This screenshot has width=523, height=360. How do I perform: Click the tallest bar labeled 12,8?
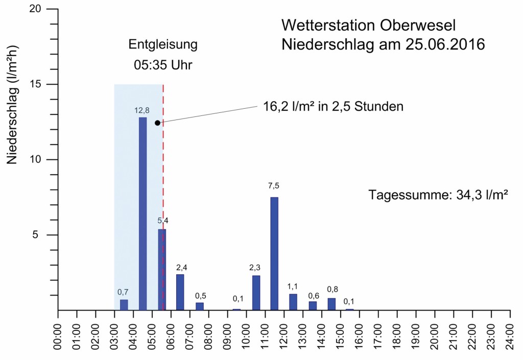(x=143, y=213)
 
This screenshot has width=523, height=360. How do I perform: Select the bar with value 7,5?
(x=274, y=253)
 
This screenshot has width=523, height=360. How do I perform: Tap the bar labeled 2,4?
(x=180, y=292)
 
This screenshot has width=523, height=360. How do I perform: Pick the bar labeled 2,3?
(x=256, y=293)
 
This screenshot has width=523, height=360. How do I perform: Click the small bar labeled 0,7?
(x=124, y=305)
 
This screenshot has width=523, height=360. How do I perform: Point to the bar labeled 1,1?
(x=293, y=302)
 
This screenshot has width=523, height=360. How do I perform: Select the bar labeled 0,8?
(x=331, y=304)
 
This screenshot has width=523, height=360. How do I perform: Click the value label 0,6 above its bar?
(x=314, y=296)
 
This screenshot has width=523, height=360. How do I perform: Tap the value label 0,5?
(x=201, y=297)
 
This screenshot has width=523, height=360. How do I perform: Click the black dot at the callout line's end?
(x=157, y=123)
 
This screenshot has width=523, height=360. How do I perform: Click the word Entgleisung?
(x=163, y=44)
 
